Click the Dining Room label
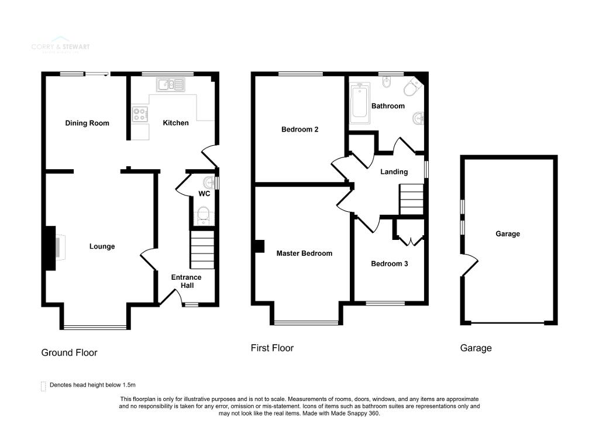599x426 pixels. (x=87, y=123)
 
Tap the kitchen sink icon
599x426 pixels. (x=170, y=85)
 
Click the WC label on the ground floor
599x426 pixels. (x=204, y=194)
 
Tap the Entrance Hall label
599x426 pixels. (x=186, y=281)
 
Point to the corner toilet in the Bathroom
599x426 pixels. (x=412, y=89)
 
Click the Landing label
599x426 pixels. (x=393, y=172)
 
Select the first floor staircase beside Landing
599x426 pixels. (x=412, y=200)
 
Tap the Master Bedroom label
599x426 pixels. (x=304, y=253)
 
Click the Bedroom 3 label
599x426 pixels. (x=389, y=264)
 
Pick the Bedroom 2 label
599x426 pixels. (x=299, y=129)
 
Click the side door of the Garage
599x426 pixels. (x=469, y=266)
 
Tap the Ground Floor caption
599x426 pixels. (x=69, y=352)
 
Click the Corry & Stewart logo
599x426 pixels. (x=61, y=46)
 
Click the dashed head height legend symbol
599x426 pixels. (x=43, y=386)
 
